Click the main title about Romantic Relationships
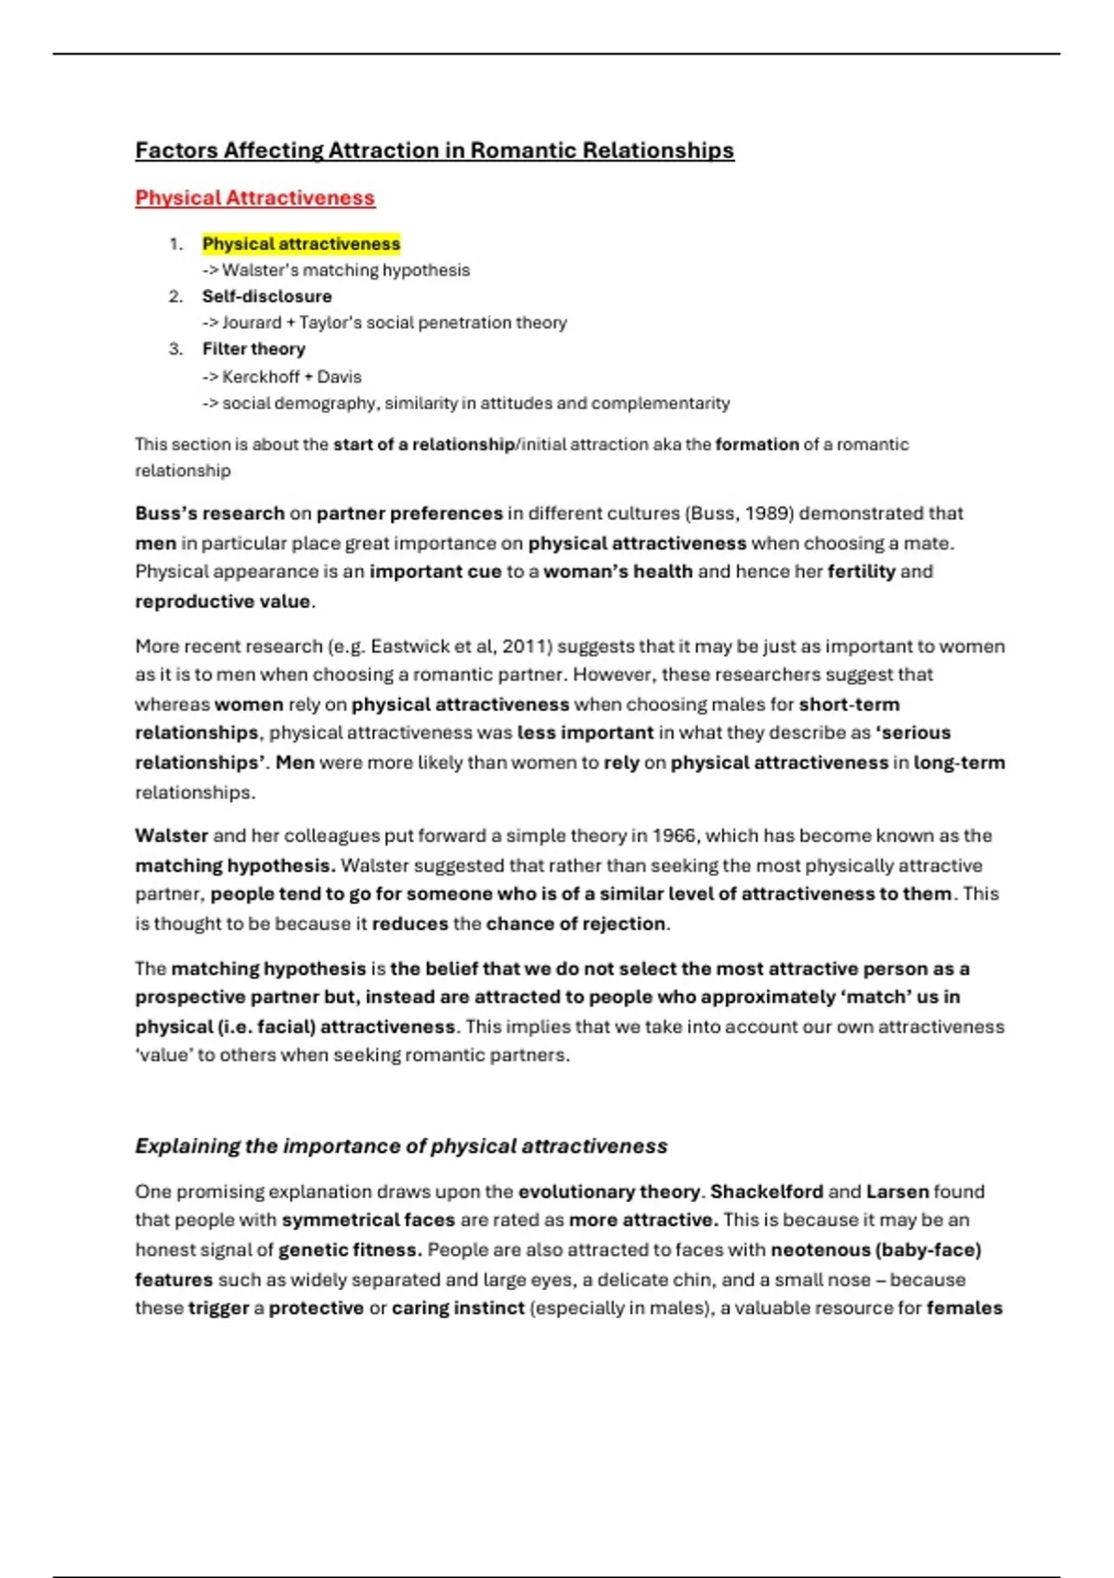coord(434,150)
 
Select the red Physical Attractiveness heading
coord(255,198)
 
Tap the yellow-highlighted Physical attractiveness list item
coord(301,244)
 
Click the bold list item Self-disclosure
coord(266,296)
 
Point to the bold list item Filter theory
coord(253,349)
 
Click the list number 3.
coord(175,349)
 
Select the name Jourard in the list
coord(252,323)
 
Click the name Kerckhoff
coord(261,377)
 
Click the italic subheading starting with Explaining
coord(401,1146)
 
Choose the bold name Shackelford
coord(767,1192)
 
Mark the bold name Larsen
coord(898,1192)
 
